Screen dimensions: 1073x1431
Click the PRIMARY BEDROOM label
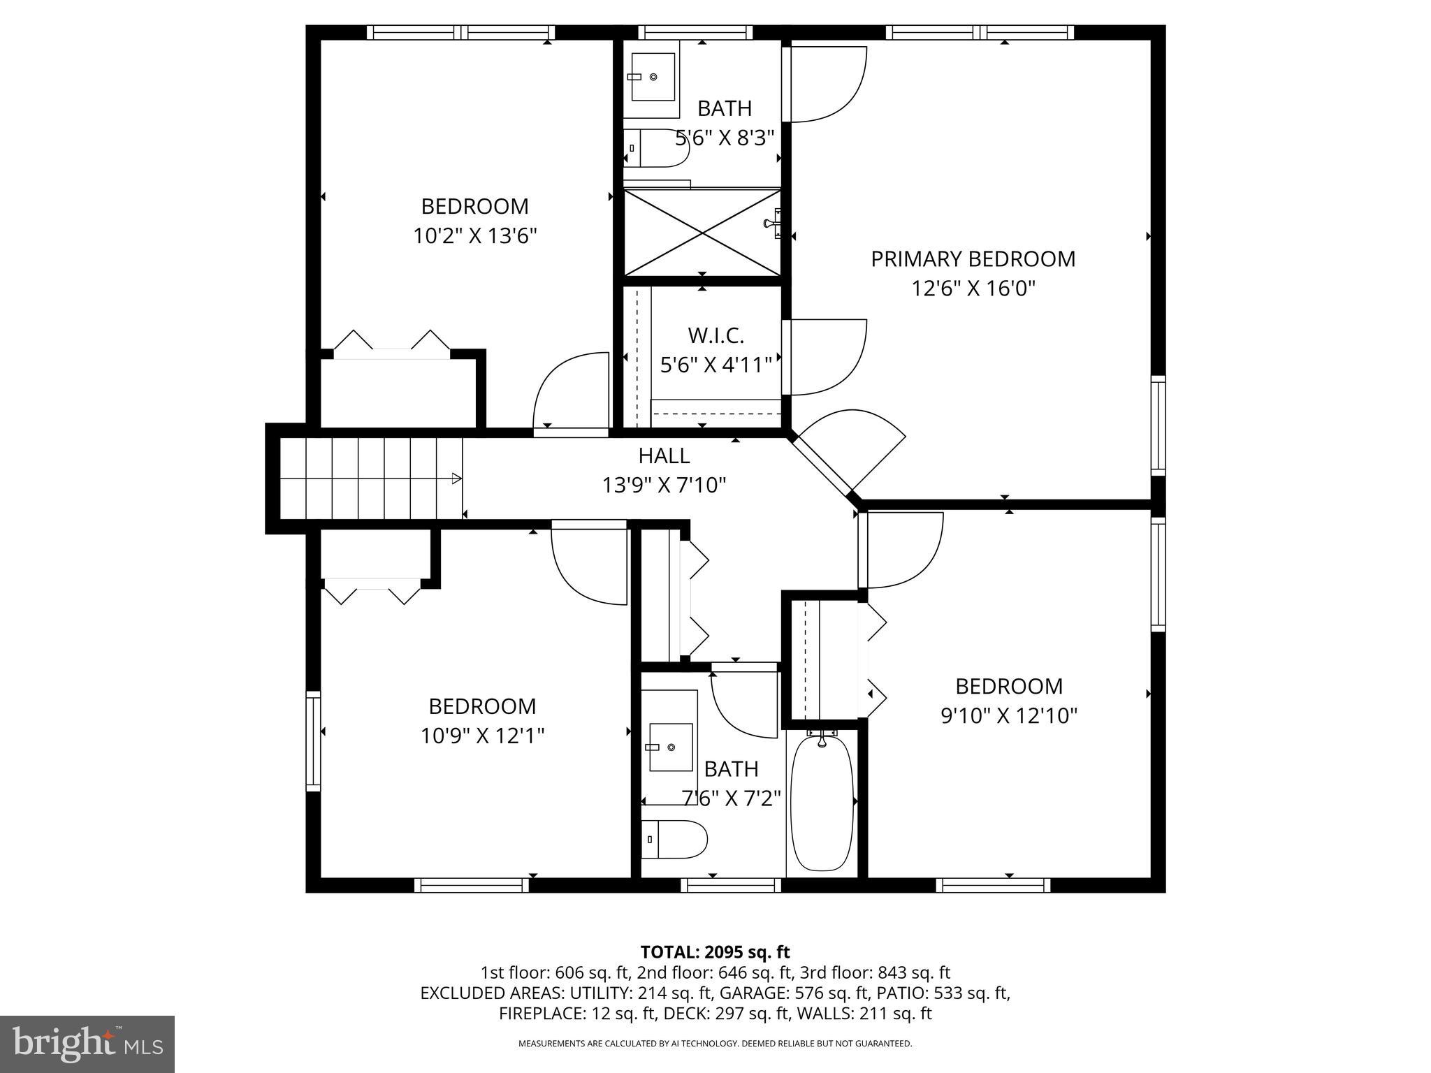pos(973,259)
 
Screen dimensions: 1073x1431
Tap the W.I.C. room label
pos(715,335)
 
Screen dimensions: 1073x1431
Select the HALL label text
pos(664,455)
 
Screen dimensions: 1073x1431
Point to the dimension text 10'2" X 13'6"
pos(474,236)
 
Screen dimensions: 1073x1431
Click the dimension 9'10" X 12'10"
pos(1009,716)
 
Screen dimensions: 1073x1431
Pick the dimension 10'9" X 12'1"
pos(482,736)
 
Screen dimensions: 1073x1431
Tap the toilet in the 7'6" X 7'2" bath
pos(673,839)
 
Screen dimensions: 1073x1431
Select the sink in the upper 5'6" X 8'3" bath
pos(653,77)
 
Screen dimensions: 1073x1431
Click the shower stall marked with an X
pos(702,233)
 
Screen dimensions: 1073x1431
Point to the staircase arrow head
pos(457,479)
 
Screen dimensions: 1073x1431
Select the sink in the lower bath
pos(671,747)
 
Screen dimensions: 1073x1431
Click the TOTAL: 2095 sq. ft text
pos(715,951)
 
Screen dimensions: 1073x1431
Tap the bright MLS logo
pos(87,1044)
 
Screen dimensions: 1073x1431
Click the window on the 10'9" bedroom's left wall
pos(313,740)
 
